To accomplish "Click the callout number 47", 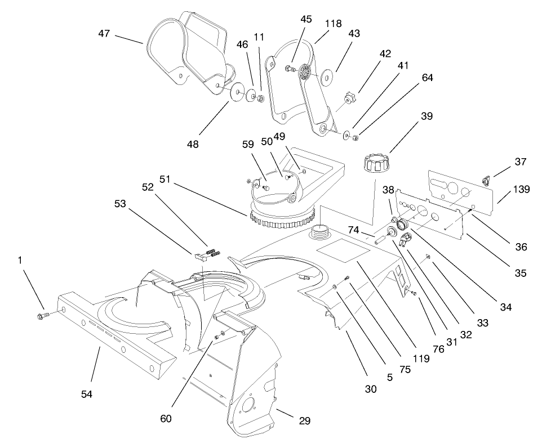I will pyautogui.click(x=104, y=34).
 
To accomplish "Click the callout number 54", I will pyautogui.click(x=86, y=395).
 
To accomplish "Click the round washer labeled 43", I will pyautogui.click(x=326, y=74).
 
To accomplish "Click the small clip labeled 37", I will pyautogui.click(x=485, y=181).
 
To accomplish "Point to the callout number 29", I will pyautogui.click(x=304, y=420).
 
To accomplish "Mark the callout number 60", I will pyautogui.click(x=166, y=419).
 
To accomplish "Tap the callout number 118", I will pyautogui.click(x=333, y=24).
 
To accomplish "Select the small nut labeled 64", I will pyautogui.click(x=356, y=135).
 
